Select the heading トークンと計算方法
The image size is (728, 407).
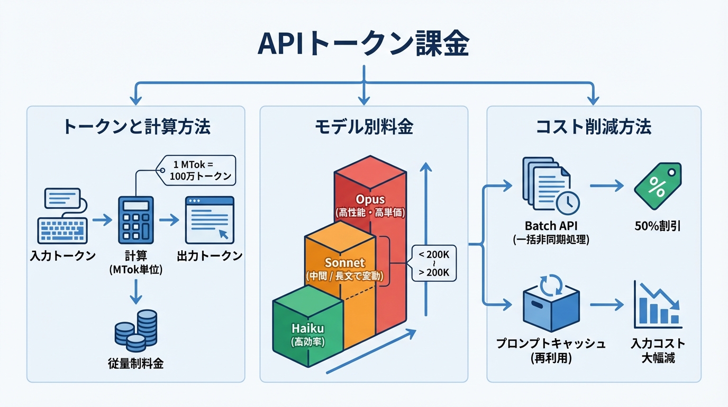[136, 127]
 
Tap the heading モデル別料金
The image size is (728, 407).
[363, 127]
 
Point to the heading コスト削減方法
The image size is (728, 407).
[593, 127]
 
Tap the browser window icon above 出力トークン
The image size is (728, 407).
[209, 219]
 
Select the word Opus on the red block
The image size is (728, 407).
[370, 200]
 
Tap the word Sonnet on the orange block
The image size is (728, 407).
[344, 263]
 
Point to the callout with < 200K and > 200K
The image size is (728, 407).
[433, 263]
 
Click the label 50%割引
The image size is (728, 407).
[657, 227]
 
